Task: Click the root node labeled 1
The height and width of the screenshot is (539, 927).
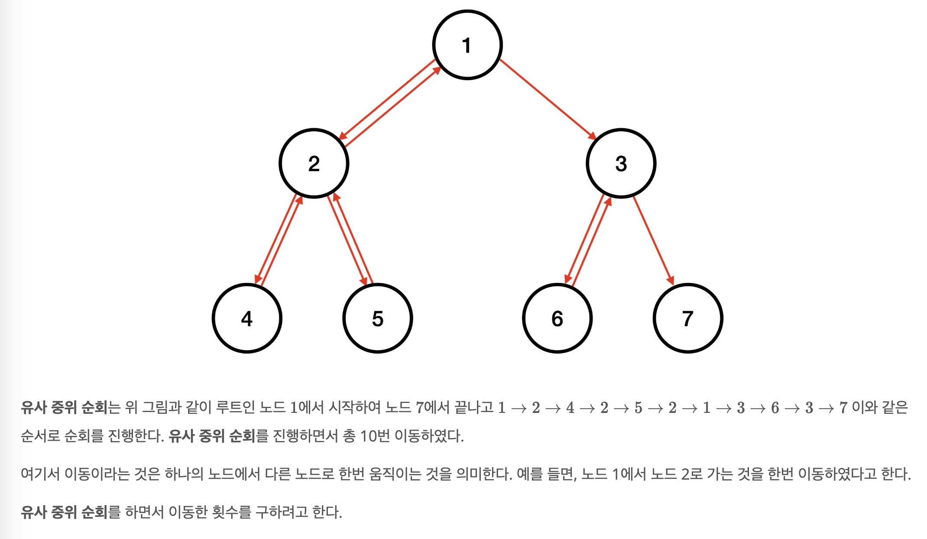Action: coord(467,45)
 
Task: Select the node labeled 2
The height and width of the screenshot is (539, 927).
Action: coord(314,164)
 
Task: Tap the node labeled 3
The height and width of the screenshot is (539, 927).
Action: coord(621,164)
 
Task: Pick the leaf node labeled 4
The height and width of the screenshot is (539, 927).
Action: coord(247,318)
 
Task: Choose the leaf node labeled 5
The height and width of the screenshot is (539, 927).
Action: coord(377,318)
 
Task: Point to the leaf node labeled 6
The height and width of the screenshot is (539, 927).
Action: coord(557,318)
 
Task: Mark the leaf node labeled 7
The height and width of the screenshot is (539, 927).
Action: coord(687,318)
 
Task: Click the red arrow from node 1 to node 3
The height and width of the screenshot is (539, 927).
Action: coord(548,99)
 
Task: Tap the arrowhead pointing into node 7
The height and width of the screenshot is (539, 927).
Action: coord(671,280)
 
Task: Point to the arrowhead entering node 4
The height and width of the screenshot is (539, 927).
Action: coord(258,279)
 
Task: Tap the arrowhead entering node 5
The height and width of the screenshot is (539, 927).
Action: coord(364,281)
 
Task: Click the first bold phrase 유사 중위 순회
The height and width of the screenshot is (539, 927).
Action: coord(64,408)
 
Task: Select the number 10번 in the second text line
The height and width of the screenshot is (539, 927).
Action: coord(375,436)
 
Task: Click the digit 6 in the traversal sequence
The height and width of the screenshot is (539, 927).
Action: coord(775,408)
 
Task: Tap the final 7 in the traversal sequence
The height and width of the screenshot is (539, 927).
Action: coord(843,408)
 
